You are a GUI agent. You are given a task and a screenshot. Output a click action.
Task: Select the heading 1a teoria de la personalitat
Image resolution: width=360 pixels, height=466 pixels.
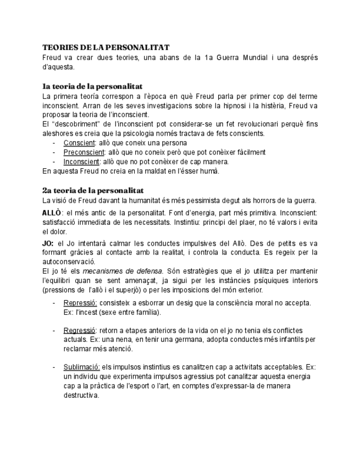coord(92,86)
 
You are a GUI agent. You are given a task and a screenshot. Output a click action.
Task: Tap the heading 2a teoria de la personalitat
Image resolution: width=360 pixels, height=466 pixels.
coord(93,190)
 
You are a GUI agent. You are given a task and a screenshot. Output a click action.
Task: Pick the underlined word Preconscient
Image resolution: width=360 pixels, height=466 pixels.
coord(84,152)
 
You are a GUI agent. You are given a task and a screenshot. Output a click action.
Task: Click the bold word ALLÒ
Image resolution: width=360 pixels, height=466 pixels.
coord(52,213)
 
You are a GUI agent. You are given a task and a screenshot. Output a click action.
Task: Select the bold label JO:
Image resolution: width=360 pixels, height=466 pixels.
coord(48,242)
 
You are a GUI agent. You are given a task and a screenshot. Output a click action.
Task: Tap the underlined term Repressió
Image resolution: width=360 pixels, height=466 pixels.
coord(80,303)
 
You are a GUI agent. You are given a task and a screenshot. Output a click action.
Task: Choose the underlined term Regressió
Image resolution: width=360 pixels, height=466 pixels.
coord(80,330)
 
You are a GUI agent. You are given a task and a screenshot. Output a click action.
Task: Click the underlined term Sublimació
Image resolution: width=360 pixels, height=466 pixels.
coord(81,367)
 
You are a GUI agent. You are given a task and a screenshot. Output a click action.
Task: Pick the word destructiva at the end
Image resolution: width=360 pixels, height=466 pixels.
coord(81,395)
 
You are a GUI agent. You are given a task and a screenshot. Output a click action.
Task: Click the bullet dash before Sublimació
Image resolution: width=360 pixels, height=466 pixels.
coord(54,367)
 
